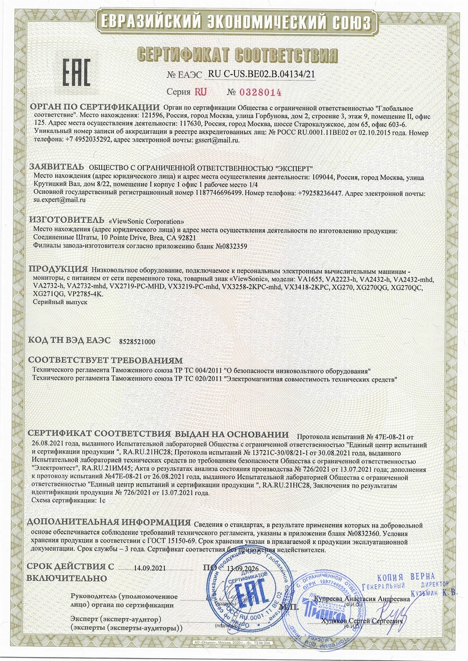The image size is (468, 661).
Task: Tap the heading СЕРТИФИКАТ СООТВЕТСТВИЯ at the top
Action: [237, 55]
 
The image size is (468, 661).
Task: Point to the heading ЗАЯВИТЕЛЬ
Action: [56, 168]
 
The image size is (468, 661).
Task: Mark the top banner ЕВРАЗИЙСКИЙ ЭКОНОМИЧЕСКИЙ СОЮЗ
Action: [234, 21]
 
